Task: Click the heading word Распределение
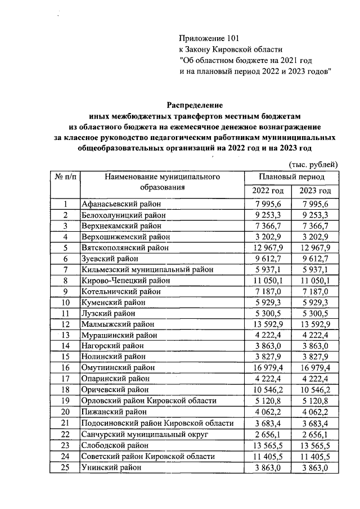click(x=195, y=105)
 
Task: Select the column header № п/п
click(x=65, y=177)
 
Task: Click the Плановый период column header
click(x=291, y=177)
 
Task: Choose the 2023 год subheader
click(x=315, y=191)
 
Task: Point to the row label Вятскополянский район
click(x=124, y=247)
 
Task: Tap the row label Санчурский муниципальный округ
click(x=145, y=435)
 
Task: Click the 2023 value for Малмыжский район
click(x=315, y=324)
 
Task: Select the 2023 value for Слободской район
click(x=315, y=445)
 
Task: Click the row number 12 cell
click(x=65, y=324)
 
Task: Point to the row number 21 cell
click(x=65, y=424)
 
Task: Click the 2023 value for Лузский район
click(x=315, y=313)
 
